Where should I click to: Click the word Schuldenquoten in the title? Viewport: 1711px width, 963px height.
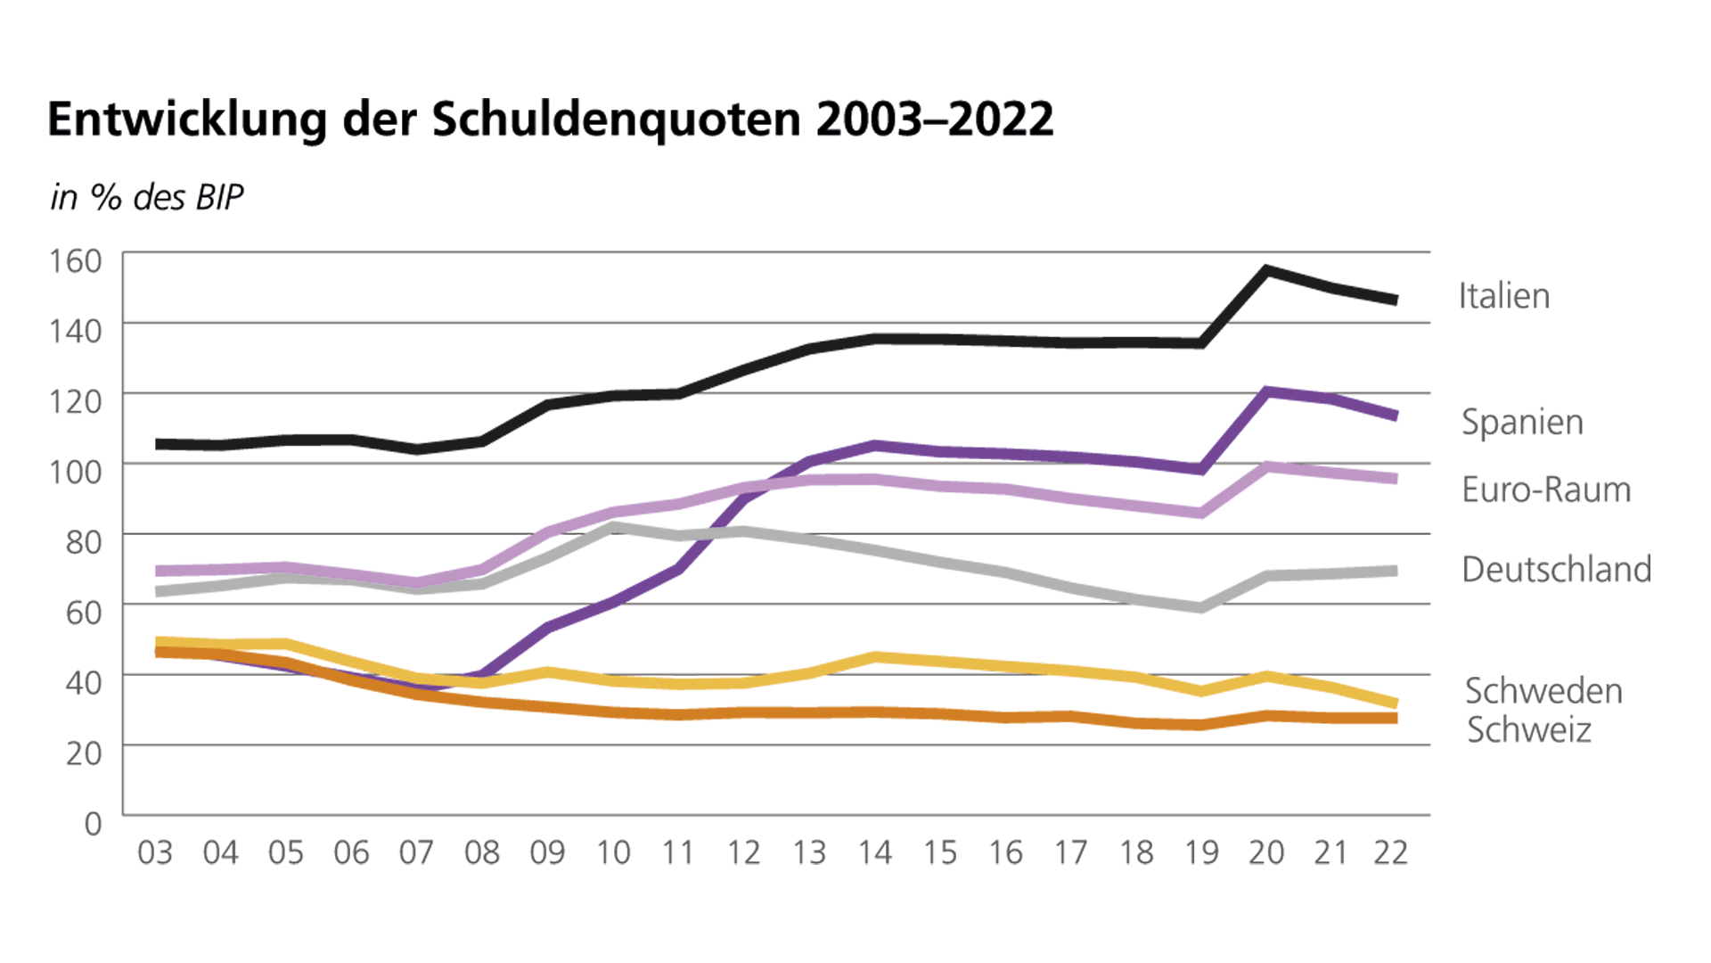[616, 119]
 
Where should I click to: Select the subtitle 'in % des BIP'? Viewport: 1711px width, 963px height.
[147, 198]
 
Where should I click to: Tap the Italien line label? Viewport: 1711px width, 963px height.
[1503, 296]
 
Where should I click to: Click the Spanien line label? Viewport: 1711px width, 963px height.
[1522, 422]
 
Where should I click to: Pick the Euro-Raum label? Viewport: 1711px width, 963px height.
[1546, 490]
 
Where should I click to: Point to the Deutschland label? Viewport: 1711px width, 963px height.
[1556, 569]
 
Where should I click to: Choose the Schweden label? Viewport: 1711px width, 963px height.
[1543, 691]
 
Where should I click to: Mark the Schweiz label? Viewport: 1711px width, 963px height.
[1528, 730]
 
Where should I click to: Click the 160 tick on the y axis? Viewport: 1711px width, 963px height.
[76, 261]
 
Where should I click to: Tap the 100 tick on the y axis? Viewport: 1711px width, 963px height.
[76, 472]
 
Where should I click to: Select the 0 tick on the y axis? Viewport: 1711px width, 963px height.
[93, 823]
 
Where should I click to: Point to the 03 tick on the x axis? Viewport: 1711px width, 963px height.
[155, 853]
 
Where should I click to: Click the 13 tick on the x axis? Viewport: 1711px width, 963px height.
[809, 853]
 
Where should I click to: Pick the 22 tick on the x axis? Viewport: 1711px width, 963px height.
[1390, 853]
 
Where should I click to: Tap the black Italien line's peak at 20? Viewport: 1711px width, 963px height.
[1266, 270]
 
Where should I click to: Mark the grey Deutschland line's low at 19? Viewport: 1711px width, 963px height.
[1201, 608]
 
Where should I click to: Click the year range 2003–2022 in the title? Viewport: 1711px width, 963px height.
[934, 119]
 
